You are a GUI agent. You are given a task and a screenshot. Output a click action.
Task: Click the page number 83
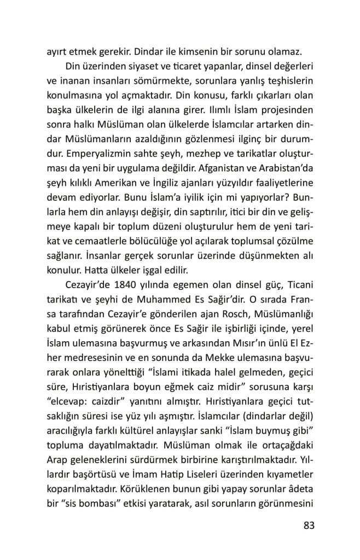point(310,526)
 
